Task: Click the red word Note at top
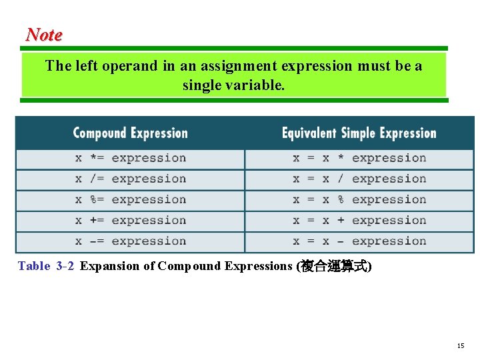pyautogui.click(x=44, y=35)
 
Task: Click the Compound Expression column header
pyautogui.click(x=130, y=133)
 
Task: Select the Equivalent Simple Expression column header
pyautogui.click(x=359, y=133)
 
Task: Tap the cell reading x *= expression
pyautogui.click(x=131, y=158)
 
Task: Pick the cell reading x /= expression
pyautogui.click(x=131, y=179)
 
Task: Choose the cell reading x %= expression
pyautogui.click(x=131, y=199)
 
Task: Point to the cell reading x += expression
pyautogui.click(x=131, y=220)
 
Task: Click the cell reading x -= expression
pyautogui.click(x=131, y=241)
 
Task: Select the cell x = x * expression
pyautogui.click(x=359, y=158)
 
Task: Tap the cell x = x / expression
pyautogui.click(x=359, y=179)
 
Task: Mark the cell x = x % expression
pyautogui.click(x=359, y=199)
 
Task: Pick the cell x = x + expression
pyautogui.click(x=359, y=220)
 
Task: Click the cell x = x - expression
pyautogui.click(x=359, y=241)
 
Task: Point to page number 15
pyautogui.click(x=461, y=345)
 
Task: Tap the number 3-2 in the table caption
pyautogui.click(x=65, y=267)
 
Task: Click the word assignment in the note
pyautogui.click(x=230, y=66)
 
